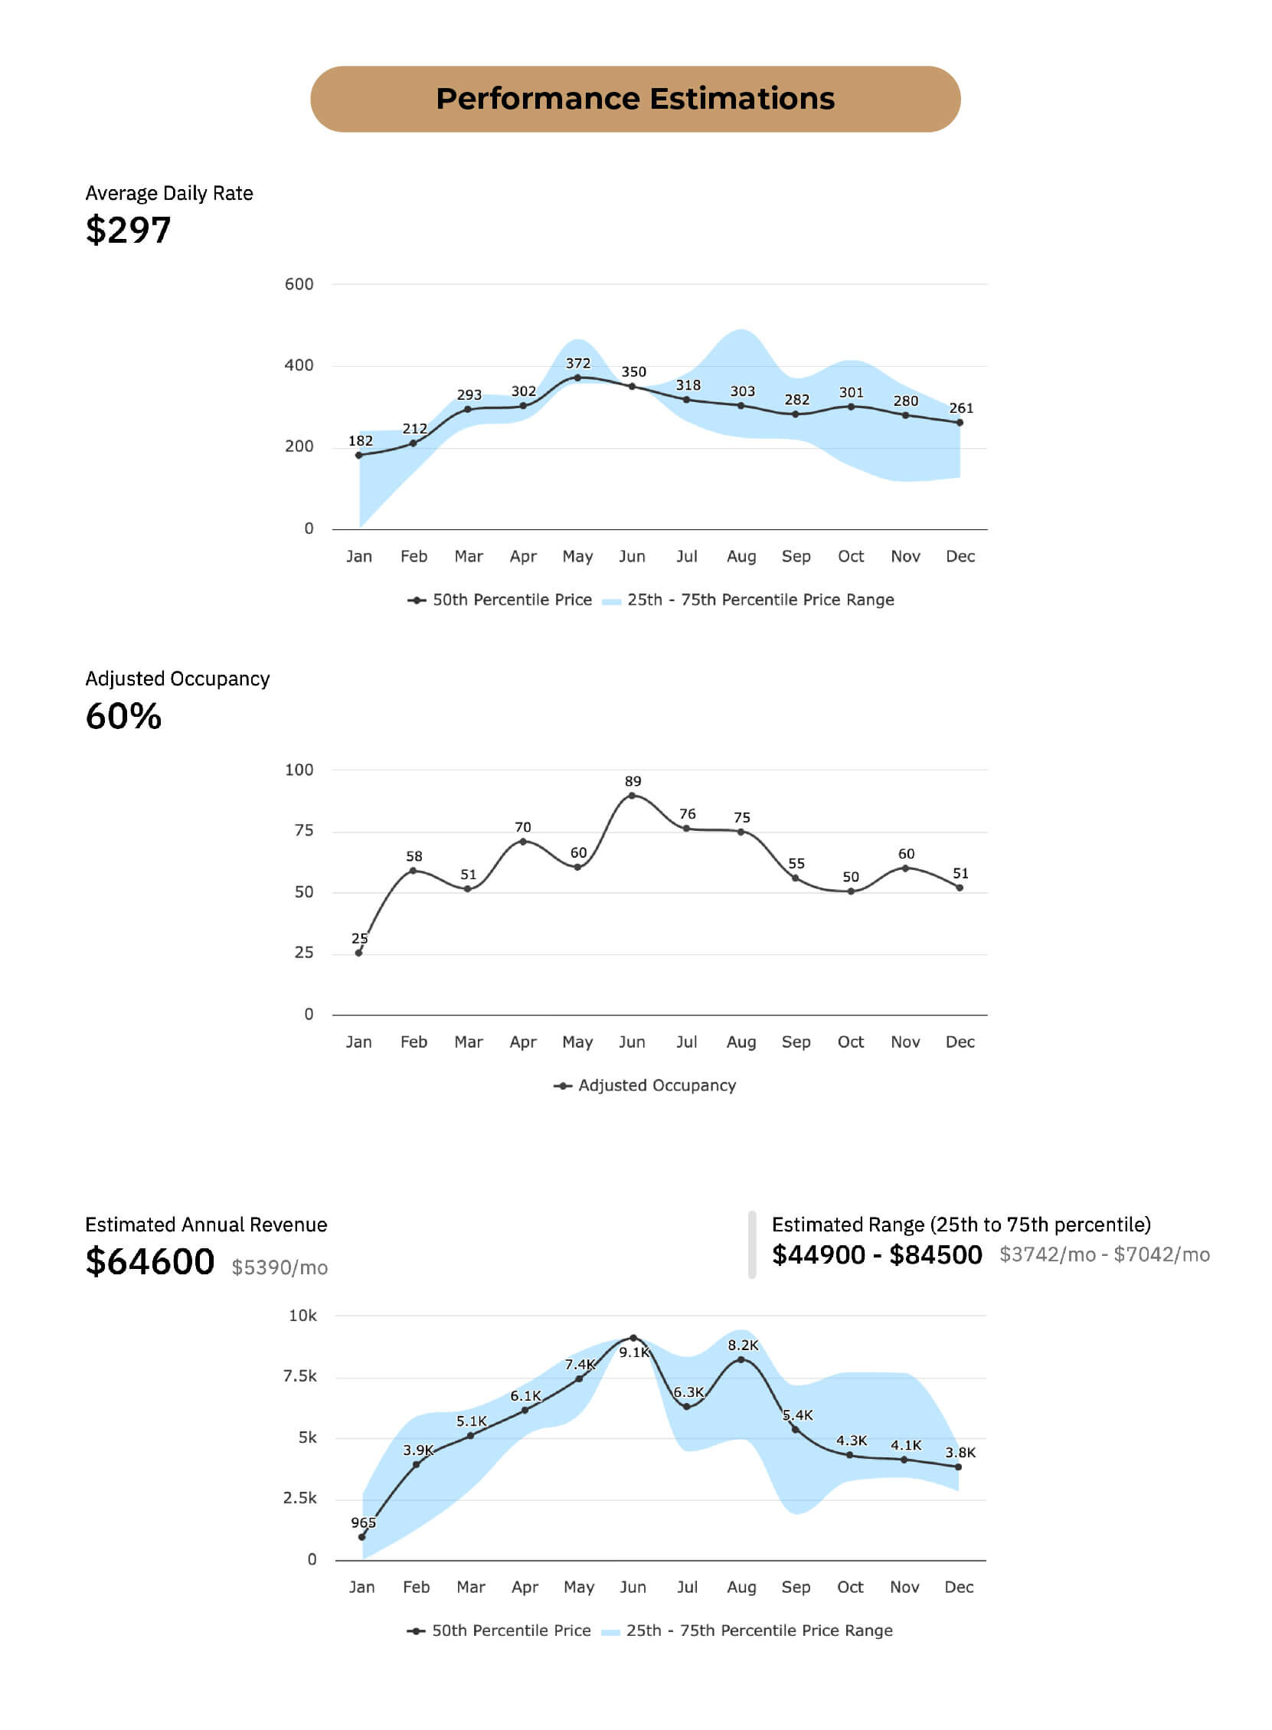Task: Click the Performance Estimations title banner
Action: click(635, 99)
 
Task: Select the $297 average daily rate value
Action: click(128, 231)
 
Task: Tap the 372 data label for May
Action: click(577, 364)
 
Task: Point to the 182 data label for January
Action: click(361, 441)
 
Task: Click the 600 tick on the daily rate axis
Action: click(299, 284)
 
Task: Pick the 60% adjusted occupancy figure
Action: click(123, 716)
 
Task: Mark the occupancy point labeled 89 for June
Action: click(632, 796)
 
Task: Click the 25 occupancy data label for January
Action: click(360, 939)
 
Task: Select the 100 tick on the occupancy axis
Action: click(299, 770)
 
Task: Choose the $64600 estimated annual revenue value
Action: click(150, 1261)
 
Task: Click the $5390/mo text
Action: click(280, 1267)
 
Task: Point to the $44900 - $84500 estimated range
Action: click(877, 1255)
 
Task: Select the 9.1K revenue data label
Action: click(634, 1352)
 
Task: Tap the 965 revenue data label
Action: click(364, 1522)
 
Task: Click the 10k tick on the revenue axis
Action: click(302, 1316)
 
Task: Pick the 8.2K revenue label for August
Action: click(743, 1345)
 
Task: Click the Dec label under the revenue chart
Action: click(959, 1587)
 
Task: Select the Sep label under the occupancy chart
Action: click(796, 1042)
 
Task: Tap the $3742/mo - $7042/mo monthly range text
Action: click(1104, 1255)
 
